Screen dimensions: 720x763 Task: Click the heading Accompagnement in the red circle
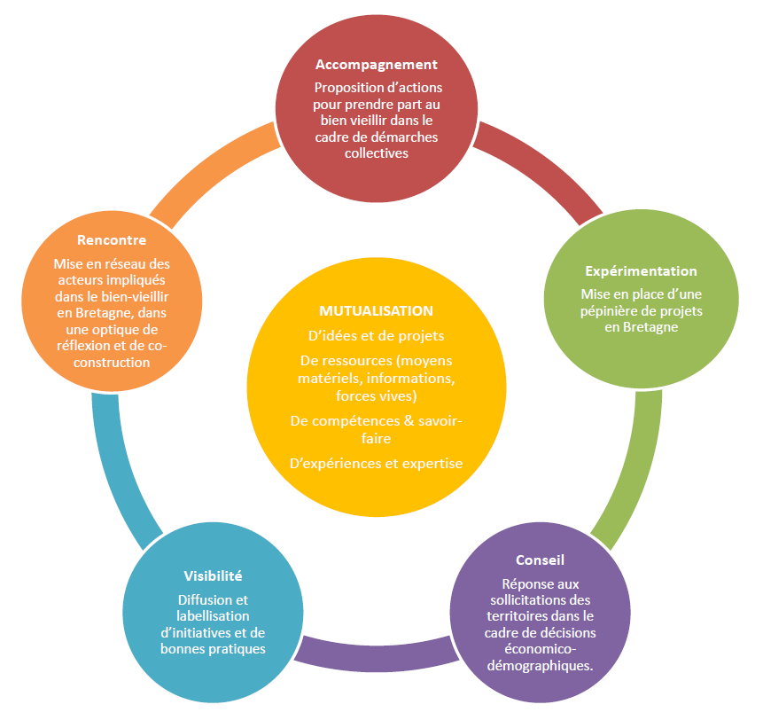tap(377, 65)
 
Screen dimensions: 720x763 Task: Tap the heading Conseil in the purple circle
tap(540, 560)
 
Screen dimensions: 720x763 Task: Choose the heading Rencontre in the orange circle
tap(112, 240)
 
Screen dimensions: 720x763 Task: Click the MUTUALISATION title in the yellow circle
tap(376, 311)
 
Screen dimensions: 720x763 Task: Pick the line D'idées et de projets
tap(376, 336)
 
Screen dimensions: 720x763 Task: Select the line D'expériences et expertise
tap(376, 463)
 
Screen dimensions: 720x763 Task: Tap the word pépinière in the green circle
tap(611, 310)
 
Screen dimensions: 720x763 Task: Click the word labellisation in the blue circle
tap(213, 616)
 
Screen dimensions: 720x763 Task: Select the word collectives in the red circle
tap(377, 153)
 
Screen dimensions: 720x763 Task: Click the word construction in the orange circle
tap(112, 363)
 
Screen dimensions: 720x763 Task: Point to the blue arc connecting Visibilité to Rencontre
tap(115, 466)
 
